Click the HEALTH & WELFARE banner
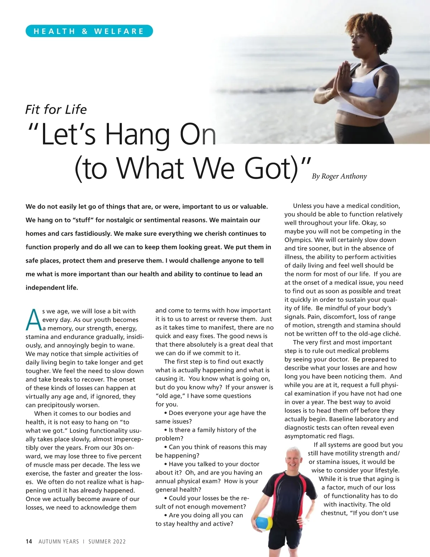click(89, 31)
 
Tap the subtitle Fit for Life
click(56, 109)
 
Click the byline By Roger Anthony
click(339, 176)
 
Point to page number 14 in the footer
click(29, 542)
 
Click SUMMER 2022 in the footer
click(107, 542)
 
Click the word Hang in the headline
click(137, 135)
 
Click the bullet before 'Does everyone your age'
click(166, 413)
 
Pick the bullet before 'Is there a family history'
click(166, 430)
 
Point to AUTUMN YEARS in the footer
click(59, 542)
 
